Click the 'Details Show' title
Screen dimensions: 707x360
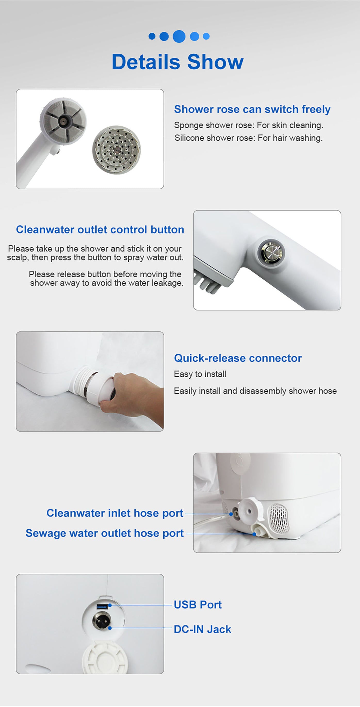tap(177, 62)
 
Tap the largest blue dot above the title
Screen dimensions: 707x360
tap(179, 36)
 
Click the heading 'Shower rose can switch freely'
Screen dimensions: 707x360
tap(252, 109)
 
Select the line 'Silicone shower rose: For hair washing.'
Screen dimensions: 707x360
tap(248, 138)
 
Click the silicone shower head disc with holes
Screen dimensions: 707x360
tap(117, 150)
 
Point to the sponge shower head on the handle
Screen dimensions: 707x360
tap(63, 121)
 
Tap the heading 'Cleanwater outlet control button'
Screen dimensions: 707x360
tap(100, 230)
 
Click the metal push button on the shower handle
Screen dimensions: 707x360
tap(271, 252)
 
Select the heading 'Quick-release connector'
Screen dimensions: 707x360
tap(238, 358)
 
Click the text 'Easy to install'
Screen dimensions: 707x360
tap(200, 374)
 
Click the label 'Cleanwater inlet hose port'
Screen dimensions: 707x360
tap(115, 513)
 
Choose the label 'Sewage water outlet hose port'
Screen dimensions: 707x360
tap(104, 533)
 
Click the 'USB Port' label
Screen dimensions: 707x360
tap(198, 605)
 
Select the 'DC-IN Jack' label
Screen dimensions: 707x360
tap(202, 629)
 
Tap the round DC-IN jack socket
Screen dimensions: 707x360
tap(102, 621)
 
